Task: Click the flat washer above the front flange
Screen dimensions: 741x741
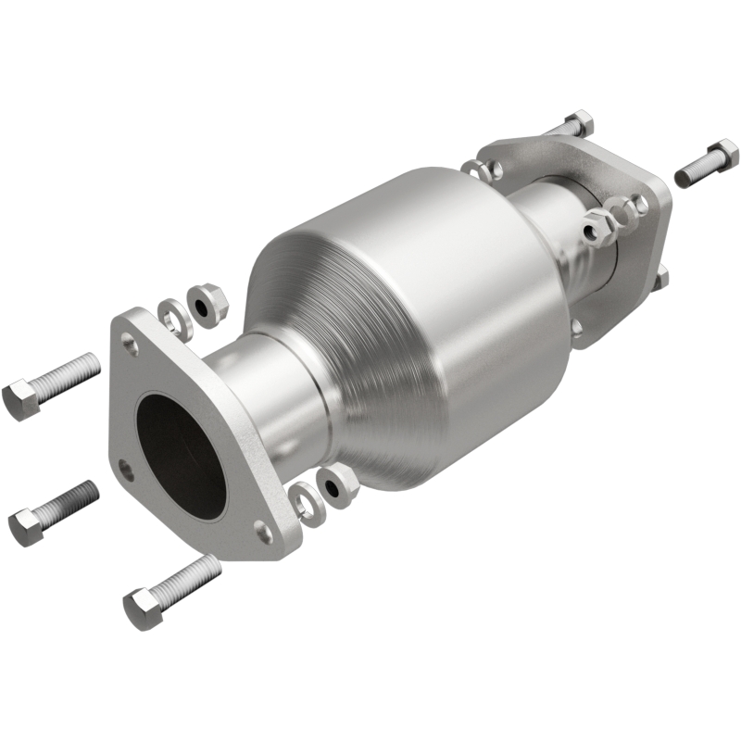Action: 171,315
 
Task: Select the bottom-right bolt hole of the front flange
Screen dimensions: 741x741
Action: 264,531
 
